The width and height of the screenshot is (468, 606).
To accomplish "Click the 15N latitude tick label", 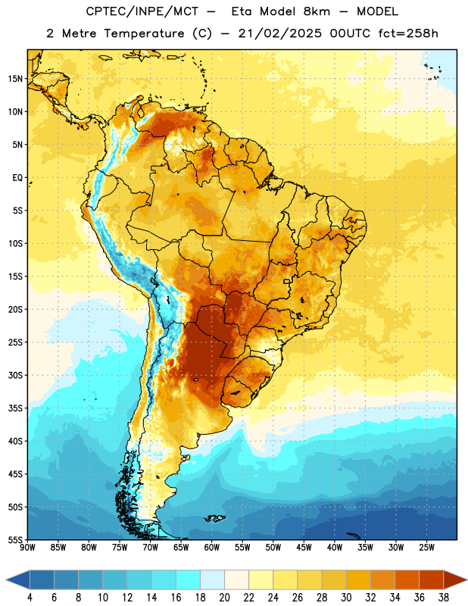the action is [15, 79].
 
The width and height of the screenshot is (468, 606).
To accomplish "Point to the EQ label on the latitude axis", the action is [17, 178].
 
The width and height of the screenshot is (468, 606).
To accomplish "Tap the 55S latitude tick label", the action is [15, 539].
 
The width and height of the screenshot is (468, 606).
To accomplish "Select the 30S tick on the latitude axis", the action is [15, 375].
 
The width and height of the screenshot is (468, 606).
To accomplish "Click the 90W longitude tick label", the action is [28, 547].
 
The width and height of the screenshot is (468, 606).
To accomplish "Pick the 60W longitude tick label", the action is [212, 547].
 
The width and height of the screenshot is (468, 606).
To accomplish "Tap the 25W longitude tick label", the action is [426, 547].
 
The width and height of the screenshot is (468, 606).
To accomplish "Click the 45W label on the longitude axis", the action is [304, 547].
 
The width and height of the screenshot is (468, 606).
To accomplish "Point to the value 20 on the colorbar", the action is [224, 598].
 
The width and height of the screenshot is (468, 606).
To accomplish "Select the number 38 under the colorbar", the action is [444, 598].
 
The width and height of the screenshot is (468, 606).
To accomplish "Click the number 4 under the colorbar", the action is [30, 598].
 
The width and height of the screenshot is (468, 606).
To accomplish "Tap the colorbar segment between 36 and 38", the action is [432, 579].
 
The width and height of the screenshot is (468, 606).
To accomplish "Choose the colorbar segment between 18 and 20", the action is [212, 579].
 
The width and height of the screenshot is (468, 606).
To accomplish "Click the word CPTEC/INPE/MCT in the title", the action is [142, 11].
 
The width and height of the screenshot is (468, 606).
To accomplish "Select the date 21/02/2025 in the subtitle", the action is [279, 33].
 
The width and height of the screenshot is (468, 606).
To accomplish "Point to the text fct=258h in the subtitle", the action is [408, 33].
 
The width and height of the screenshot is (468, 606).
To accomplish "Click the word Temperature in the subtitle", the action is [144, 33].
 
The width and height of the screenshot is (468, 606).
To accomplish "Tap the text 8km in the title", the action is [317, 11].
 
